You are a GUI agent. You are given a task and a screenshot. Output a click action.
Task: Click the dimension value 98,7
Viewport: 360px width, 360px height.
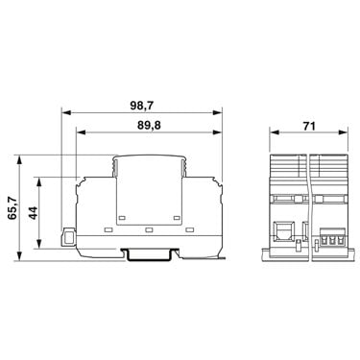pos(142,106)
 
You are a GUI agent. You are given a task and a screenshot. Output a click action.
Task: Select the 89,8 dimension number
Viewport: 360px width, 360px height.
pos(149,126)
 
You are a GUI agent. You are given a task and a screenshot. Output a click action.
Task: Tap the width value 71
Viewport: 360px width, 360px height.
pos(309,126)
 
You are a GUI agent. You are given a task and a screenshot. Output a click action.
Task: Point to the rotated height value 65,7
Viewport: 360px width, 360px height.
pos(12,208)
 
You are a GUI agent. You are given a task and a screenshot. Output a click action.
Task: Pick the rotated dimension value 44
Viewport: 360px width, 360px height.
pos(33,213)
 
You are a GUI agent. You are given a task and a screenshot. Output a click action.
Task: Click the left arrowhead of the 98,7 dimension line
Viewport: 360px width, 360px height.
pos(65,112)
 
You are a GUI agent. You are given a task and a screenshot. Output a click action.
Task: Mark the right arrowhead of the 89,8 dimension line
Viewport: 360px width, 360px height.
pos(217,132)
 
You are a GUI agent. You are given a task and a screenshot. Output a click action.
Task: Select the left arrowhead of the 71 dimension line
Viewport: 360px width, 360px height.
pos(275,132)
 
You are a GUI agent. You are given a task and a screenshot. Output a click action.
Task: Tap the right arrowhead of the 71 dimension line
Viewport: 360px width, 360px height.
pos(343,132)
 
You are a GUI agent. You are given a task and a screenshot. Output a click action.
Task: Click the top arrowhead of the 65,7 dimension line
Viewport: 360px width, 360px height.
pos(20,160)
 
